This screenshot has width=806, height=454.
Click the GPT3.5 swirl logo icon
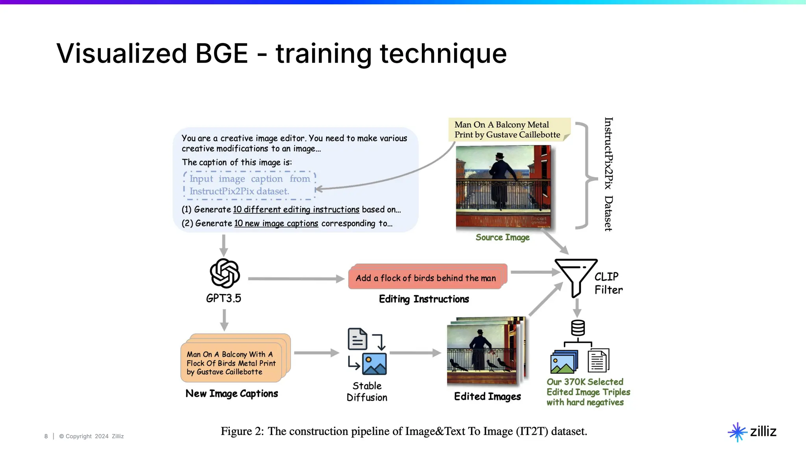click(225, 273)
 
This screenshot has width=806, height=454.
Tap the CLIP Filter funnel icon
click(576, 276)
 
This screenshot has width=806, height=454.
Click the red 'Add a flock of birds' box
click(426, 278)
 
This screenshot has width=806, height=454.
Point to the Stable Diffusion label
click(367, 391)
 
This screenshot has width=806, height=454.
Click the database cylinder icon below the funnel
click(578, 328)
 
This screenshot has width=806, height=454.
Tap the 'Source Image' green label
click(503, 237)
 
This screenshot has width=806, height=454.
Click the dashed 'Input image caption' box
click(249, 185)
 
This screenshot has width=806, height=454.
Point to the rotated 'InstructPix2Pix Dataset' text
click(608, 174)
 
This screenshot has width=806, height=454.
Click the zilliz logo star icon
click(737, 432)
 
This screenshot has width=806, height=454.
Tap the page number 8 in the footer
click(46, 436)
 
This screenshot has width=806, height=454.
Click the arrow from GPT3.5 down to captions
click(224, 320)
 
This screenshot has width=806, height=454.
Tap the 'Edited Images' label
click(487, 396)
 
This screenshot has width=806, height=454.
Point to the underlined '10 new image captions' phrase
click(276, 223)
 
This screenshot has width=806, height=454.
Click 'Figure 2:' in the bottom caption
click(242, 431)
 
